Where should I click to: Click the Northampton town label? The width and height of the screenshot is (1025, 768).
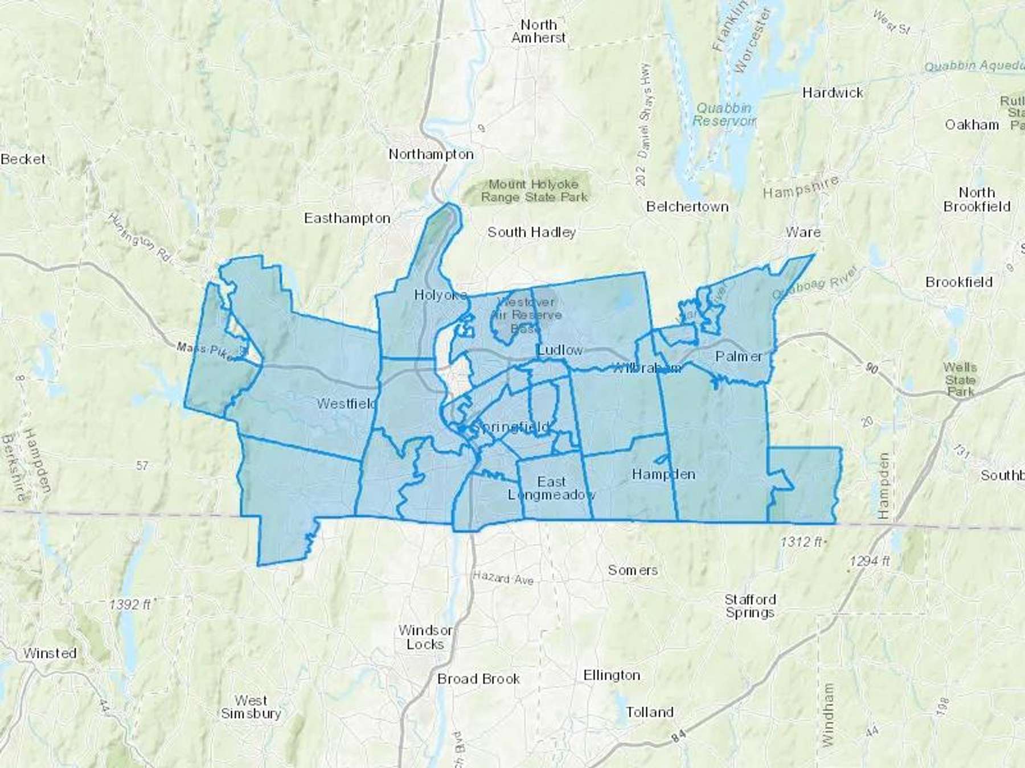point(431,154)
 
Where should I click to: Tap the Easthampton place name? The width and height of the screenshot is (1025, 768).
point(347,218)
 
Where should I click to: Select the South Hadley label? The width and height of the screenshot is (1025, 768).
point(531,232)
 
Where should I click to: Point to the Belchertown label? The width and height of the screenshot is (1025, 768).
point(687,207)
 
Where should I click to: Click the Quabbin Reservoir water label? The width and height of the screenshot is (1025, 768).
point(724,114)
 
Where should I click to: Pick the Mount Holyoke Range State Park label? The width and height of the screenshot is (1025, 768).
point(533,191)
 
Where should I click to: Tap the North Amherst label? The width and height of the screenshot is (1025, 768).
point(539,31)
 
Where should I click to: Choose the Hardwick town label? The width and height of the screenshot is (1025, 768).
point(833,93)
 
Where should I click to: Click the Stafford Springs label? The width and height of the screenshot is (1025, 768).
point(750,606)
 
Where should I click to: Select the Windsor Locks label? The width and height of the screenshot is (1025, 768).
point(425,637)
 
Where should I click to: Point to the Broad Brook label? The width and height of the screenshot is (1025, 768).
point(478,679)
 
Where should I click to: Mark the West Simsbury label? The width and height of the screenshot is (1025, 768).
point(251,707)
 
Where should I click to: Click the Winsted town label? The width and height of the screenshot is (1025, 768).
point(50,653)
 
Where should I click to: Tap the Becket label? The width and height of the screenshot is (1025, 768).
point(23,159)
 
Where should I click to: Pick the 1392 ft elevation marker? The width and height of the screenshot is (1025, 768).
point(131,604)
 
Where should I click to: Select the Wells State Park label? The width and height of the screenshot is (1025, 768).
point(960,379)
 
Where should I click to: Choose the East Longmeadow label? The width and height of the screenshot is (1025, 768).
point(551,488)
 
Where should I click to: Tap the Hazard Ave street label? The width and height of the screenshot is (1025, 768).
point(503,578)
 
